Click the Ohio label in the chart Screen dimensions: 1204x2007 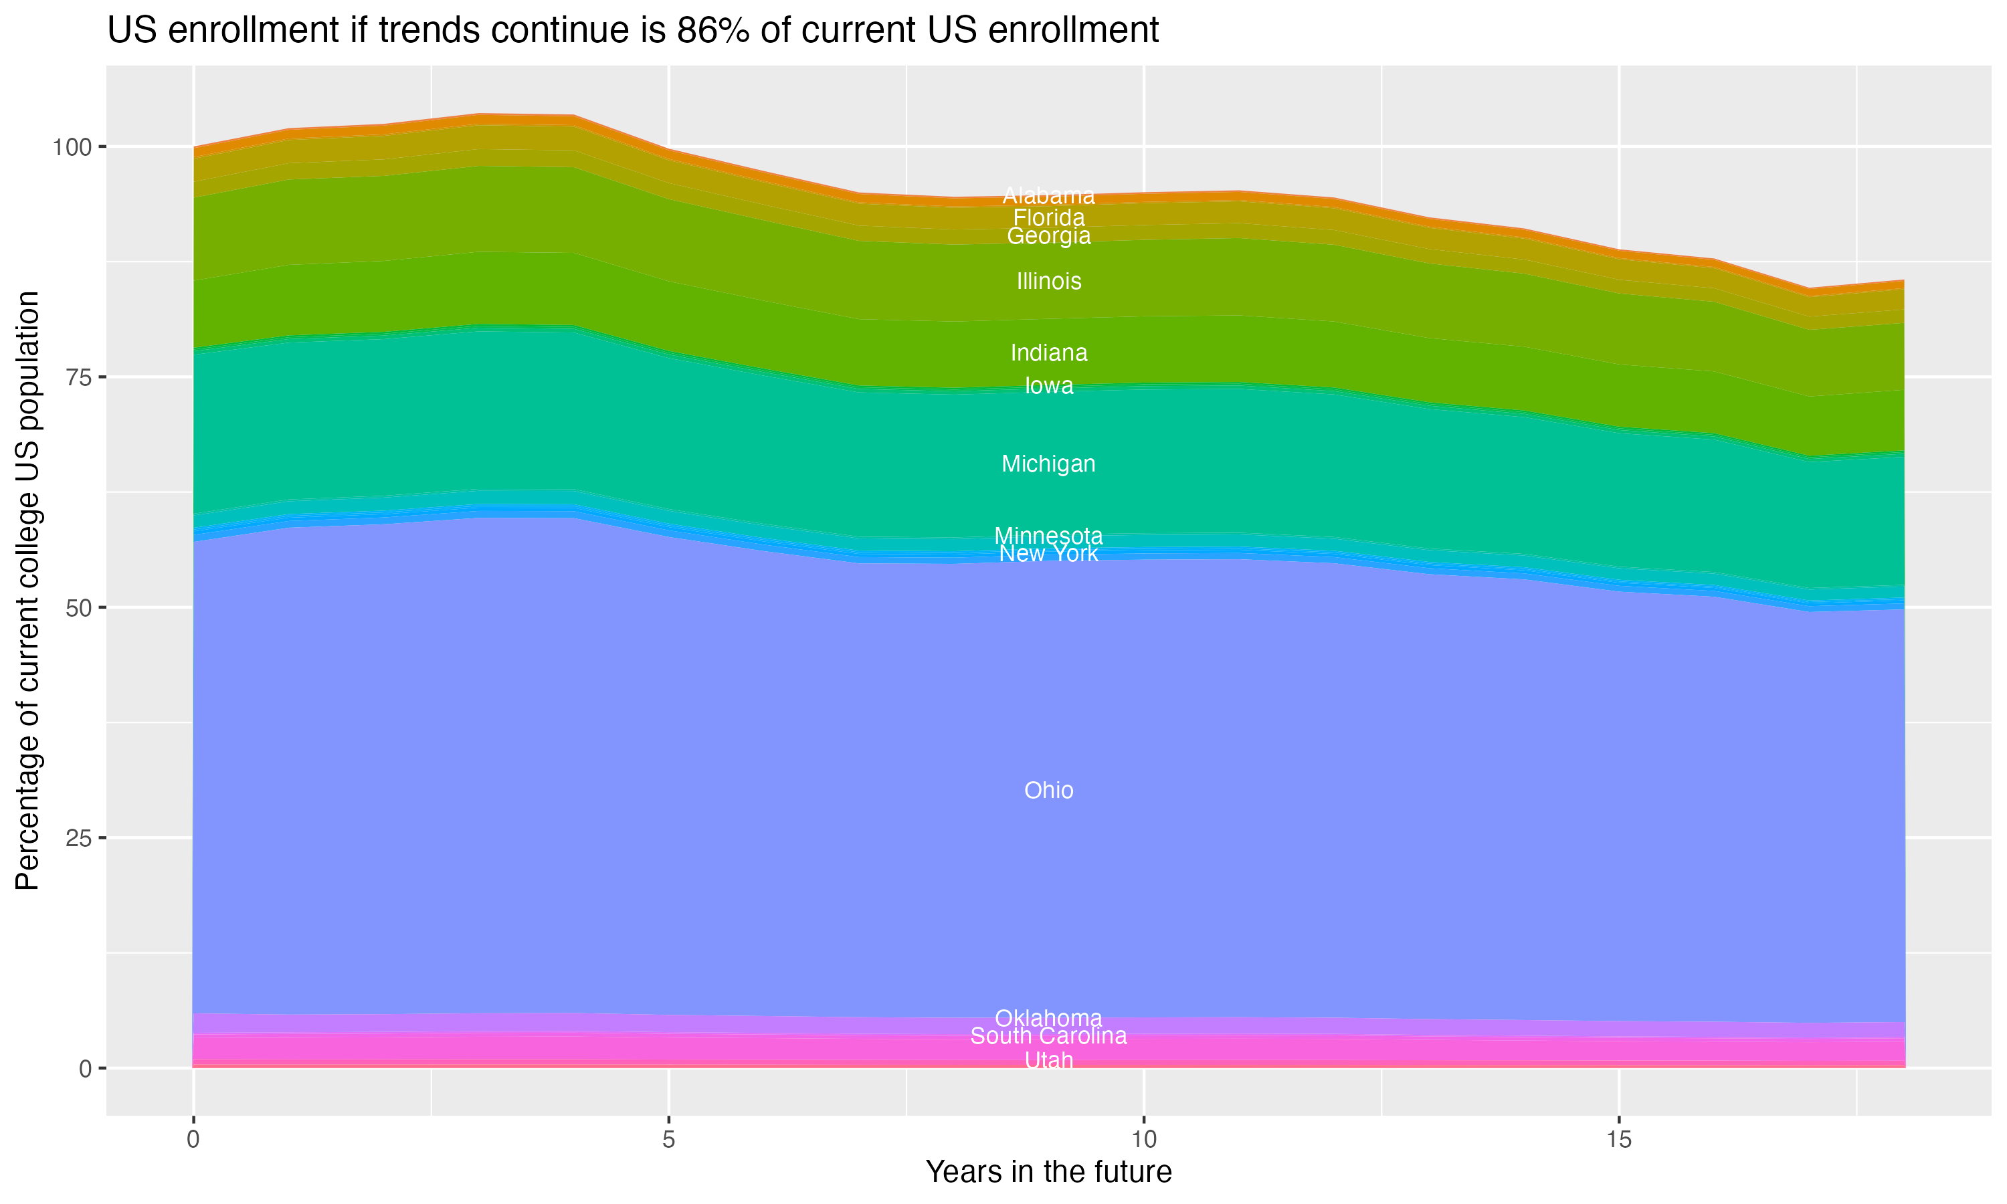(x=1048, y=790)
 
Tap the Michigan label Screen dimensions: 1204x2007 (x=1048, y=464)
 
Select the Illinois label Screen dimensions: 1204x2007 (x=1048, y=282)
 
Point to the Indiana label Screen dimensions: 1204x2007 (x=1048, y=353)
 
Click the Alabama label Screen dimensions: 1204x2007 (x=1048, y=195)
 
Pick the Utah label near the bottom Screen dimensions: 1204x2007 (x=1048, y=1060)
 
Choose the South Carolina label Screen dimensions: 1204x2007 (x=1048, y=1036)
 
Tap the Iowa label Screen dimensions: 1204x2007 (x=1048, y=386)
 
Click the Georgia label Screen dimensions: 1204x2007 (x=1048, y=236)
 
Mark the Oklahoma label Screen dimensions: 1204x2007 (x=1048, y=1017)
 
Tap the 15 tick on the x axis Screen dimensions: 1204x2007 (x=1618, y=1140)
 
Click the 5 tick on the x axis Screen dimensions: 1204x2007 (x=668, y=1140)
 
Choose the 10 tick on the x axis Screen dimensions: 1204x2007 (x=1143, y=1140)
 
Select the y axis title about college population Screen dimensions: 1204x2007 (x=27, y=590)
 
